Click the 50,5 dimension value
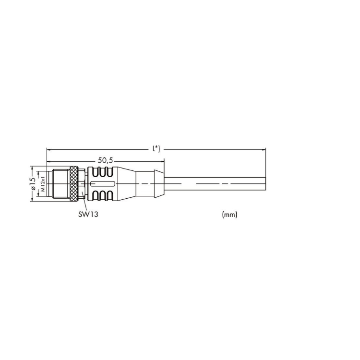pyautogui.click(x=106, y=160)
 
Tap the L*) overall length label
pyautogui.click(x=156, y=149)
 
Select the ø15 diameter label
pyautogui.click(x=33, y=184)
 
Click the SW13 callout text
pyautogui.click(x=88, y=214)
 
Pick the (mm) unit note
pyautogui.click(x=229, y=215)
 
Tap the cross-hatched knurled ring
pyautogui.click(x=74, y=184)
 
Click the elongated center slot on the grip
pyautogui.click(x=103, y=184)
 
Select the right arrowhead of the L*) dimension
pyautogui.click(x=264, y=150)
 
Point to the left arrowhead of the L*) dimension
pyautogui.click(x=49, y=150)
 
